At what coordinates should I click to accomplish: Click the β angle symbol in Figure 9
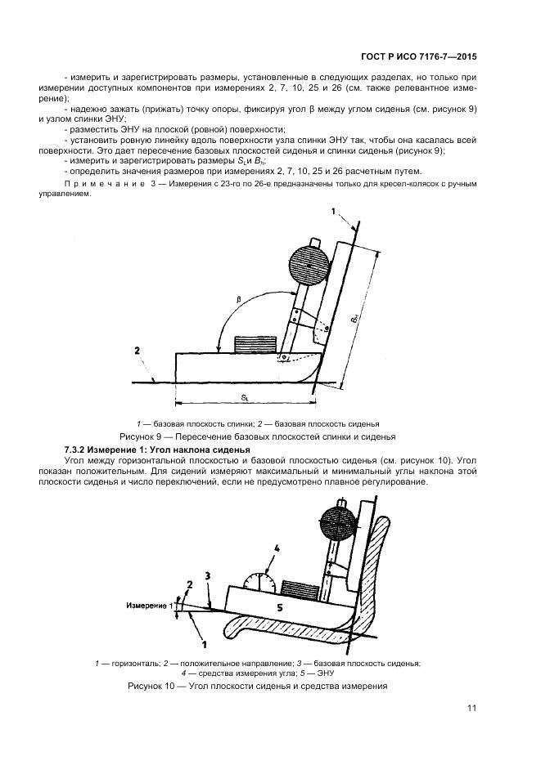click(239, 300)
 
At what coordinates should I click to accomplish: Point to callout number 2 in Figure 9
click(138, 351)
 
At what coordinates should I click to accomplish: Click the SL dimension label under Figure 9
click(245, 396)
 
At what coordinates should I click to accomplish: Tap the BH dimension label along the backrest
click(354, 311)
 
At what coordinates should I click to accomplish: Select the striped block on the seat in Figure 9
click(251, 344)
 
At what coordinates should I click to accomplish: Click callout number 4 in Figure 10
click(277, 548)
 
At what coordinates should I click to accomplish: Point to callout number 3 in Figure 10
click(207, 576)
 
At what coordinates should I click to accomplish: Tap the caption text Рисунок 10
click(156, 685)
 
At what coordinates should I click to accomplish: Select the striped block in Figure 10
click(298, 588)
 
